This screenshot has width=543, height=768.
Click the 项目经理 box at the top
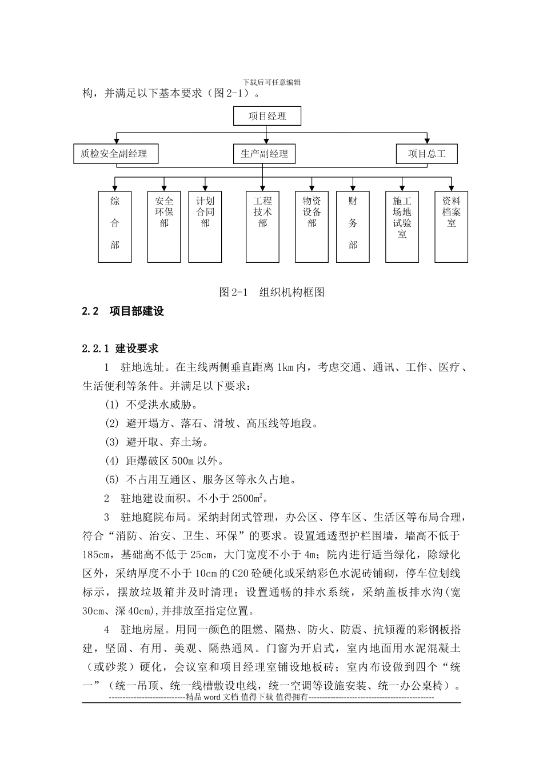(267, 116)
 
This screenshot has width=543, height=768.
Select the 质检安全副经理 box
(116, 154)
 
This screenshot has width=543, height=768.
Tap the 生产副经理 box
(264, 154)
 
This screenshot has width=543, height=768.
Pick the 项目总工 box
(426, 154)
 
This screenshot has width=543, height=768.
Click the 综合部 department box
(115, 226)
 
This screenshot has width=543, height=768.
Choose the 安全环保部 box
(164, 226)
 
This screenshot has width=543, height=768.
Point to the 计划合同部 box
(205, 226)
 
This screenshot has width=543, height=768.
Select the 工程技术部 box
(262, 226)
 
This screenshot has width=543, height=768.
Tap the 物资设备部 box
(312, 226)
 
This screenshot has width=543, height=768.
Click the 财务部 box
(353, 226)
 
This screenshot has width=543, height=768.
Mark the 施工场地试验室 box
(402, 226)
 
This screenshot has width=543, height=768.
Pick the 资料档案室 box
(451, 226)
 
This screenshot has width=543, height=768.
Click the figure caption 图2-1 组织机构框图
(271, 292)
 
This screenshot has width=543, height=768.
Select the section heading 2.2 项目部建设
(123, 311)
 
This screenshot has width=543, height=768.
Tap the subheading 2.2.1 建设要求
(120, 348)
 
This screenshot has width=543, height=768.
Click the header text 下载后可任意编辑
(271, 82)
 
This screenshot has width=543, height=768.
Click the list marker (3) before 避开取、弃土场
(111, 442)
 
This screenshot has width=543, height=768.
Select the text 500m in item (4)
(183, 461)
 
